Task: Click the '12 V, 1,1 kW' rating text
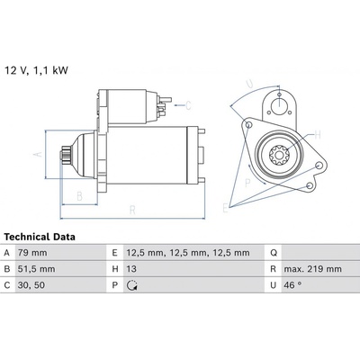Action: pos(36,71)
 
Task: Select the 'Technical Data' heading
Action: pos(40,237)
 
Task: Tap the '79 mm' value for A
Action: pos(32,253)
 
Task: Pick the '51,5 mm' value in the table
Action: pos(36,269)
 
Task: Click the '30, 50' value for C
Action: pos(31,285)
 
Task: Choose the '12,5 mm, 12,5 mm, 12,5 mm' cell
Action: pos(188,253)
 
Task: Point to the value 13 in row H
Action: pos(131,269)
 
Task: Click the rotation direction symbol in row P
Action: pos(132,285)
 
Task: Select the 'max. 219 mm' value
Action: pos(313,269)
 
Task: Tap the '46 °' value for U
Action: pos(292,285)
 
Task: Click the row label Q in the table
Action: pos(274,253)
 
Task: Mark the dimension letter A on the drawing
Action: pos(38,155)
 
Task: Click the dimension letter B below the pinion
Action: pos(79,196)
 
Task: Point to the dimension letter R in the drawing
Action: pos(132,210)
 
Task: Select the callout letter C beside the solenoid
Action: pos(188,105)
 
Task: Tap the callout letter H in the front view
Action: pos(318,135)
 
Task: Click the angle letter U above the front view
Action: pos(249,85)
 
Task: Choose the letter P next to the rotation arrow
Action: pos(247,183)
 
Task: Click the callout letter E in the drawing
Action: pos(225,208)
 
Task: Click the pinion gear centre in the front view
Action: pos(279,155)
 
